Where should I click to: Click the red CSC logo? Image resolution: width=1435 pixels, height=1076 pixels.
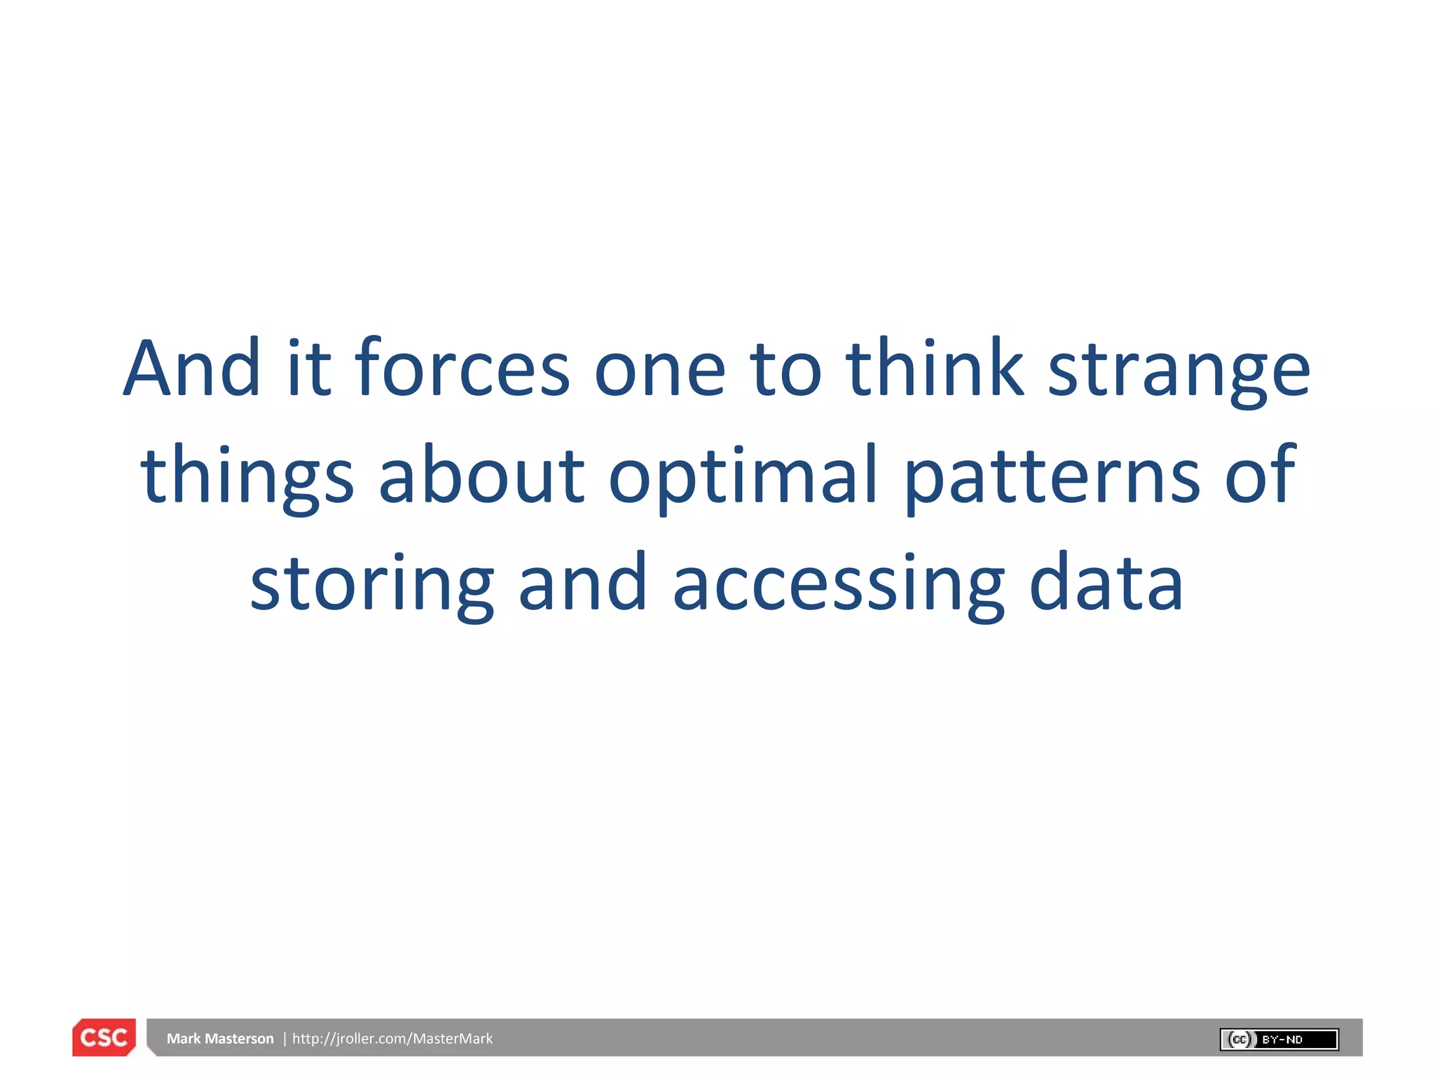pos(104,1037)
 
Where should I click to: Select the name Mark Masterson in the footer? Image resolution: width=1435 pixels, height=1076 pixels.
pos(220,1038)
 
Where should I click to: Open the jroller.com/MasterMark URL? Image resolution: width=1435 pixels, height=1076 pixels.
pos(392,1038)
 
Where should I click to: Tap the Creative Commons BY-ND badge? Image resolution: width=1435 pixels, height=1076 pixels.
pos(1279,1039)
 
